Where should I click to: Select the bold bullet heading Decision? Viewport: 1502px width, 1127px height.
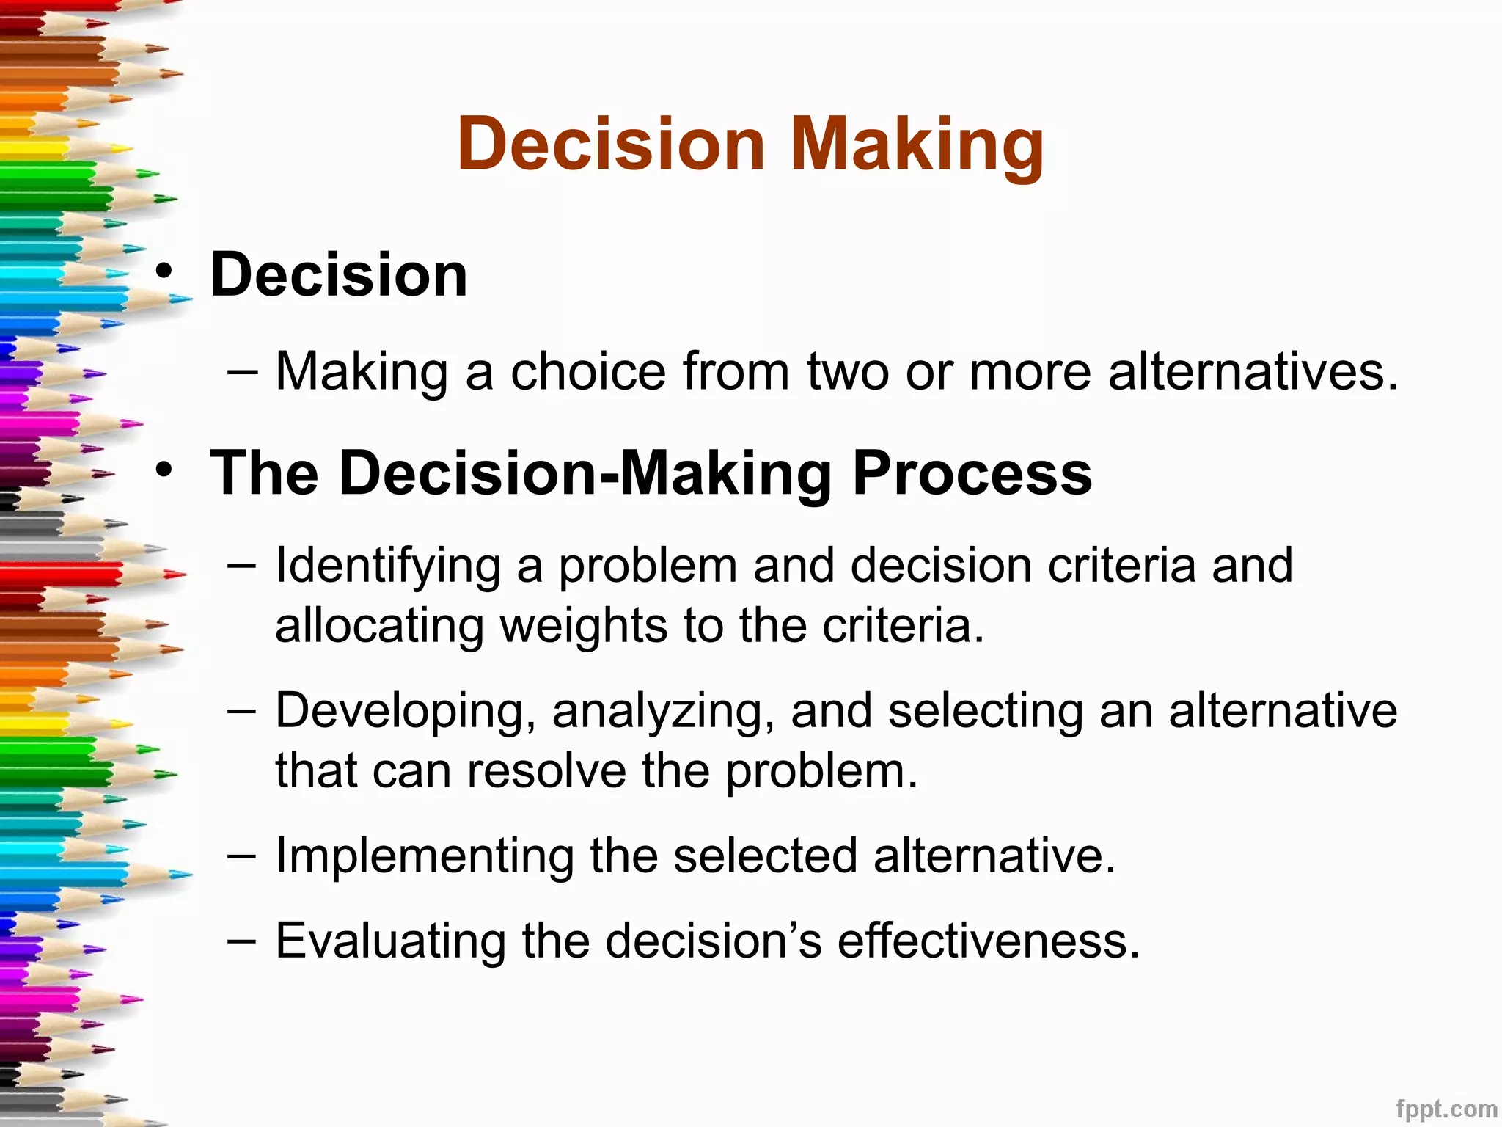pyautogui.click(x=339, y=274)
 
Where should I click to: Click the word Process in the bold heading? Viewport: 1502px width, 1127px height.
pyautogui.click(x=972, y=473)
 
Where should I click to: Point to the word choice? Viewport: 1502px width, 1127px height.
pyautogui.click(x=588, y=371)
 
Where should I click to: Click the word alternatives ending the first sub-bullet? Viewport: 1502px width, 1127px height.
pyautogui.click(x=1253, y=371)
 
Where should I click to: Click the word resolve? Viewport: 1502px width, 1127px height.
pyautogui.click(x=546, y=771)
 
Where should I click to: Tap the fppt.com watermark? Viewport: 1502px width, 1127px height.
pyautogui.click(x=1446, y=1109)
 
